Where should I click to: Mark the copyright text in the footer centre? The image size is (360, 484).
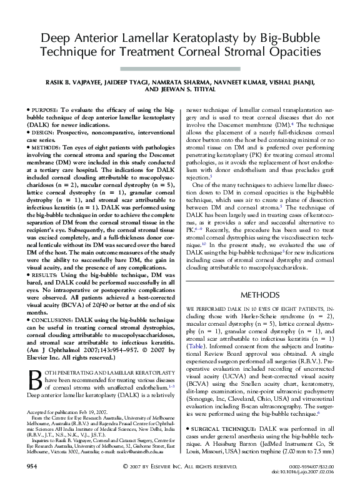coord(179,467)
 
